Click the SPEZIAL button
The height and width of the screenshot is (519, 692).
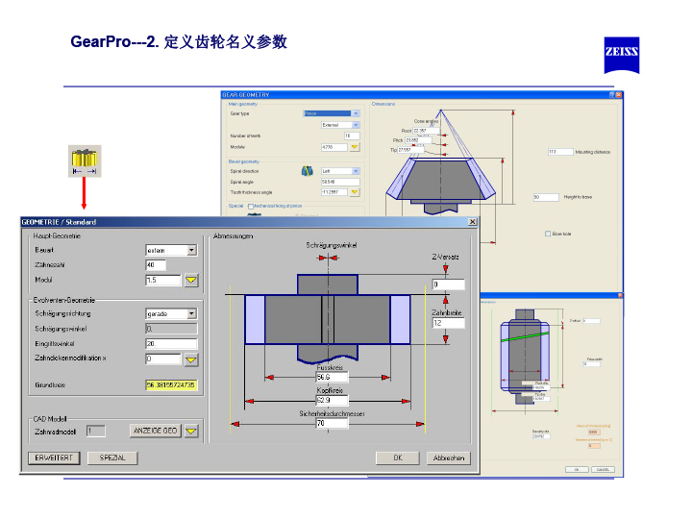112,458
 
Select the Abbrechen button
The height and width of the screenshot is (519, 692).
448,458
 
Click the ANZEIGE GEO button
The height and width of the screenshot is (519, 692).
154,431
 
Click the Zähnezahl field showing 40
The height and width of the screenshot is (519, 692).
156,265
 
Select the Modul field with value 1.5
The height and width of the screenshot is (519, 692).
162,281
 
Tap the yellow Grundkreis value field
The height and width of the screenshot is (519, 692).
171,384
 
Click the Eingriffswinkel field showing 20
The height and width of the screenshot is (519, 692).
171,344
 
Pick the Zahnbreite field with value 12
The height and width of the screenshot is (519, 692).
448,324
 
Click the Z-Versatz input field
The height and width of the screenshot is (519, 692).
448,284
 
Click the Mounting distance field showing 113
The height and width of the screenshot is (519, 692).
560,152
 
